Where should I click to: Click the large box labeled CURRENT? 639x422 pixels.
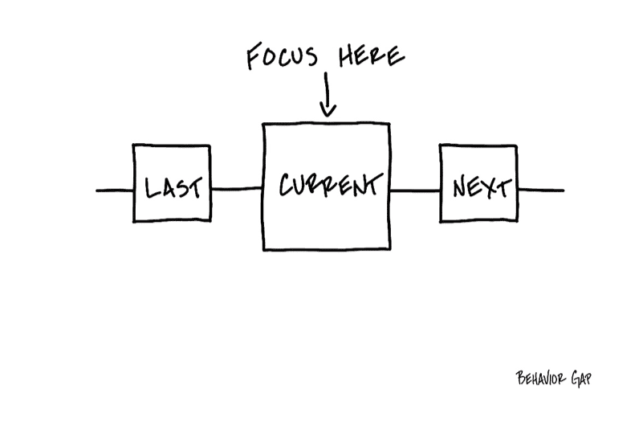pos(326,225)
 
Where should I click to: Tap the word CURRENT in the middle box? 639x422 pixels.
pos(328,185)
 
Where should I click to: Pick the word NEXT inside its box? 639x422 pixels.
pos(480,188)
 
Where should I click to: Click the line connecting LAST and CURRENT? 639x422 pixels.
pos(237,190)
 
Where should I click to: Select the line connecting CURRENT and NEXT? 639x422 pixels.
pos(414,191)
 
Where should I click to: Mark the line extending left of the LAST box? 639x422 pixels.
pos(115,191)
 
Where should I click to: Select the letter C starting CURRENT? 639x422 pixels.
pos(287,185)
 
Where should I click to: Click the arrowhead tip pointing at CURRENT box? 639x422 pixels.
pos(326,116)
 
